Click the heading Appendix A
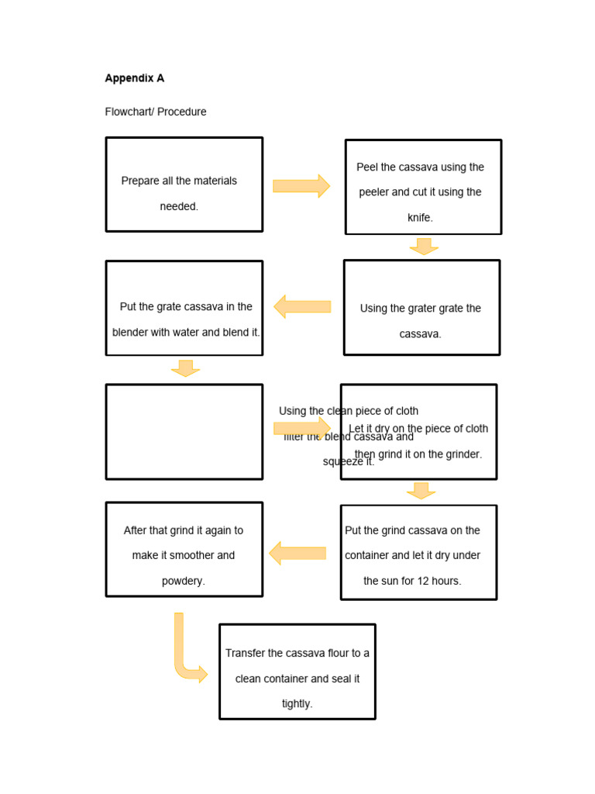pos(134,78)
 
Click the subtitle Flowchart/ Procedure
pos(156,112)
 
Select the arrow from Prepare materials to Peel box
pos(301,186)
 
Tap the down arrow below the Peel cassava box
pos(424,247)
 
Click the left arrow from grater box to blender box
pos(302,306)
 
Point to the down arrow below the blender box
pos(185,368)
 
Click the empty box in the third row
pos(184,432)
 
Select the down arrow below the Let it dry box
pos(421,491)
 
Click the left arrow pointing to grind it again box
pos(297,553)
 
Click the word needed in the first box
pos(179,206)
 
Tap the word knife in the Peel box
pos(420,218)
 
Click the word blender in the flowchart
pos(131,332)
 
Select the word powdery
pos(184,581)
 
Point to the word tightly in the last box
pos(297,704)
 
